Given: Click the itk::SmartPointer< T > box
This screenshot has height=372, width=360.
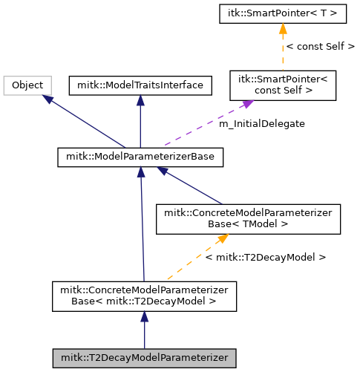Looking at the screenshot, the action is (x=283, y=14).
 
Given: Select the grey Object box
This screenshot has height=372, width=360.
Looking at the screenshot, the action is (x=27, y=85).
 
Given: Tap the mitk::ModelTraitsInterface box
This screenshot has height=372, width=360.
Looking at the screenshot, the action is (x=140, y=85).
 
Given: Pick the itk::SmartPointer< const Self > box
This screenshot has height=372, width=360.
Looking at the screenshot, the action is (x=283, y=85).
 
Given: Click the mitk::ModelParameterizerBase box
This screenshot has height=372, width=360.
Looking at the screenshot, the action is (x=140, y=157).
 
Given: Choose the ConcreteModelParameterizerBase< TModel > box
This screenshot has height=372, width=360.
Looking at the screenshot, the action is (x=248, y=219).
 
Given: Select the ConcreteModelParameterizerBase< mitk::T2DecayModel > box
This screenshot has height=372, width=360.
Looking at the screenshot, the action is (x=144, y=296).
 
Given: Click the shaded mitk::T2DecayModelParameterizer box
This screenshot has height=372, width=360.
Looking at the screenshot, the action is (x=144, y=359).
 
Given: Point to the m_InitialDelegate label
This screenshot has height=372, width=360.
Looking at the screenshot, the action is (x=262, y=124).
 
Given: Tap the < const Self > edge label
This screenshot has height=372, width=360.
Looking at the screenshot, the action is (x=321, y=47).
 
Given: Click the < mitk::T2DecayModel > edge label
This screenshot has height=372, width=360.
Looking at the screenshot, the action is (x=266, y=258).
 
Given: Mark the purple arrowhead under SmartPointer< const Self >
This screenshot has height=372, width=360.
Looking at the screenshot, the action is (x=247, y=104).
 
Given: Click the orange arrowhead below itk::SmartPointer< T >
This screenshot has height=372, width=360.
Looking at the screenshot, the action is (x=283, y=29).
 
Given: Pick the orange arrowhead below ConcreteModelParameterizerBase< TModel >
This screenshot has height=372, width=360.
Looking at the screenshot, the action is (x=223, y=238).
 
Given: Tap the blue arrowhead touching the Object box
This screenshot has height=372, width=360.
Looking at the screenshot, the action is (x=48, y=99).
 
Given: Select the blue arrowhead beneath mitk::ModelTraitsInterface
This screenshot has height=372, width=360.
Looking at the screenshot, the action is (x=140, y=100).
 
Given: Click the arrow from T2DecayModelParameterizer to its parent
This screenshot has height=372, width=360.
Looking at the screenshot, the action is (x=144, y=330).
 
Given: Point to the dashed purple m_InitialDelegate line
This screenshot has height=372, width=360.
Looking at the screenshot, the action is (x=209, y=123).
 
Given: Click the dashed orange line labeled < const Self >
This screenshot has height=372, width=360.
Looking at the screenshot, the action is (x=283, y=47).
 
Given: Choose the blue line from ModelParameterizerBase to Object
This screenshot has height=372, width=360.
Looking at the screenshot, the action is (x=84, y=121).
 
